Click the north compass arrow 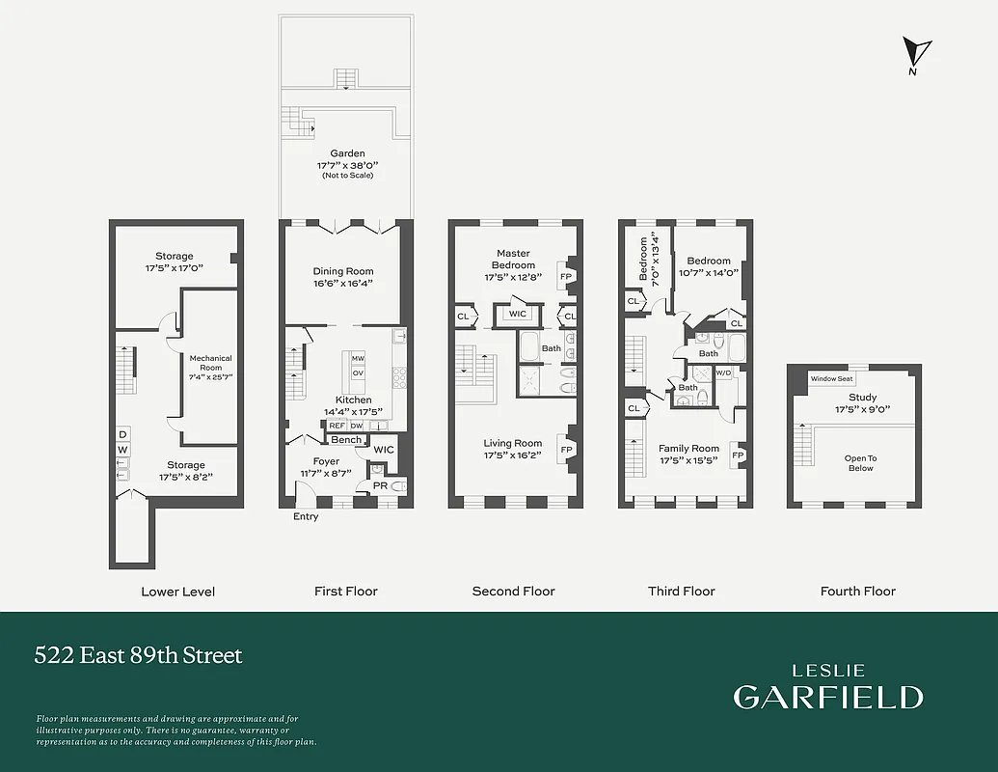pyautogui.click(x=917, y=53)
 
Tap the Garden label pyautogui.click(x=347, y=153)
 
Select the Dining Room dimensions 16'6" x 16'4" pyautogui.click(x=343, y=284)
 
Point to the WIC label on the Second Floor pyautogui.click(x=517, y=314)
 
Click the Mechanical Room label pyautogui.click(x=210, y=363)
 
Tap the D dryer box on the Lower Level pyautogui.click(x=122, y=434)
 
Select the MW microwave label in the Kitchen pyautogui.click(x=358, y=358)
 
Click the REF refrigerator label pyautogui.click(x=337, y=425)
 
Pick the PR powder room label pyautogui.click(x=380, y=486)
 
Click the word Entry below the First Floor pyautogui.click(x=306, y=517)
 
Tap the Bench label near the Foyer pyautogui.click(x=346, y=440)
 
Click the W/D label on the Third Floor pyautogui.click(x=722, y=372)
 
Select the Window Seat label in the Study pyautogui.click(x=831, y=379)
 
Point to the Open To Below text pyautogui.click(x=860, y=463)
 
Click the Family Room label pyautogui.click(x=688, y=449)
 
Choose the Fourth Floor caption pyautogui.click(x=857, y=592)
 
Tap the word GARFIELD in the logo pyautogui.click(x=827, y=697)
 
